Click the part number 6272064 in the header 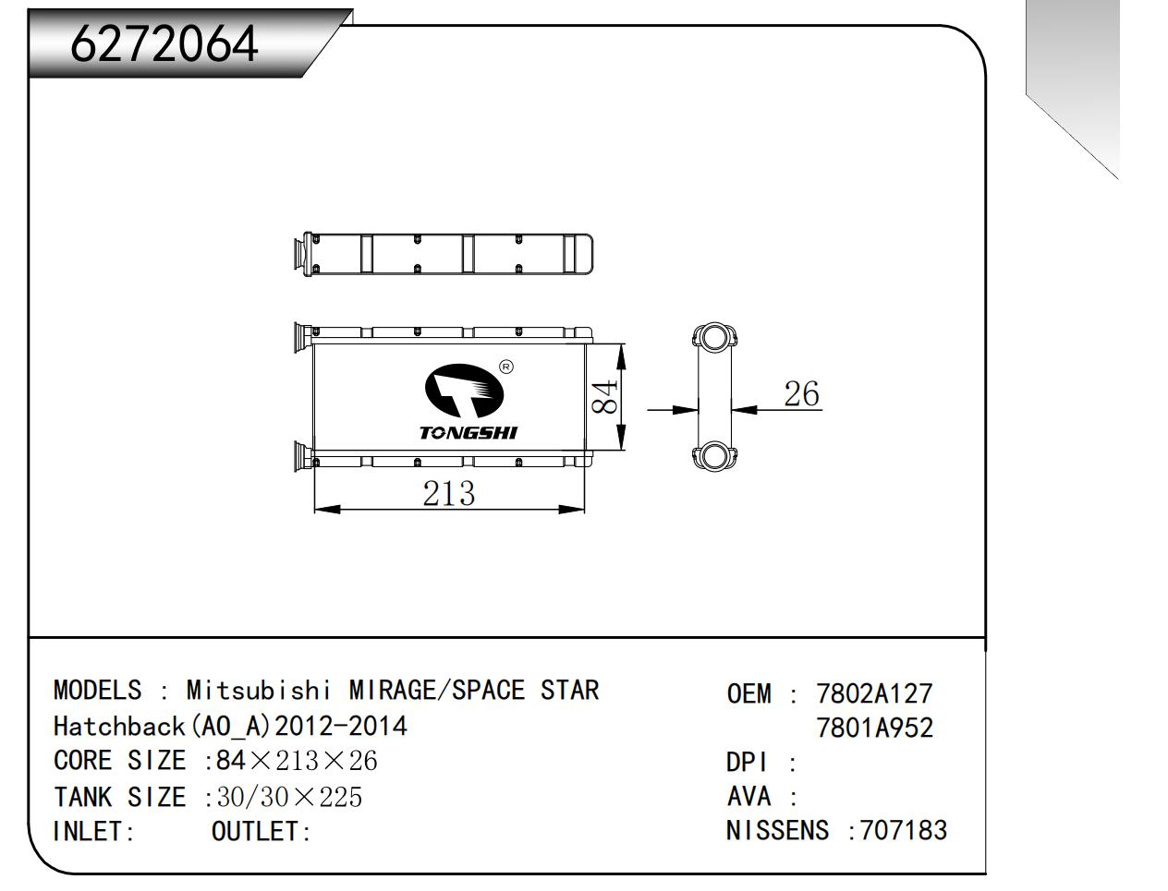point(164,44)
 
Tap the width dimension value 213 point(448,493)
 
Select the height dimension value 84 point(604,397)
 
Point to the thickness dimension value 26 point(801,394)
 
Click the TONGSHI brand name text point(468,433)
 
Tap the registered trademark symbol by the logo point(506,367)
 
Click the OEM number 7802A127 point(874,693)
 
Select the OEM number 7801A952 point(874,728)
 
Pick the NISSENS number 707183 point(904,830)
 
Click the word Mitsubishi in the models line point(259,690)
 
